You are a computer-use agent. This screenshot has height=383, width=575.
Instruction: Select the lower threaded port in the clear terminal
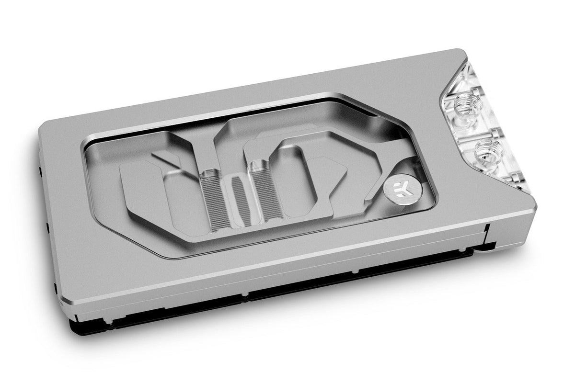coord(487,154)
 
